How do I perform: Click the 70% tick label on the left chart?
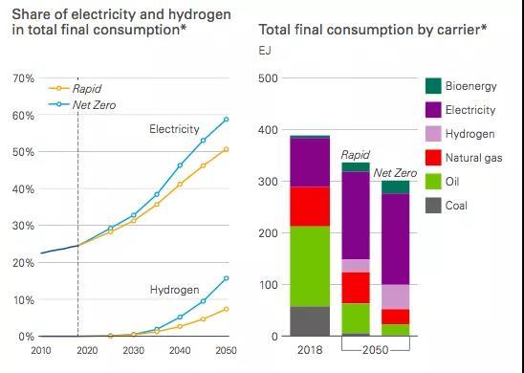coord(23,78)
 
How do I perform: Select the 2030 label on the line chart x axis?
coord(133,350)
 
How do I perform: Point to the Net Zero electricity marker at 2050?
coord(227,119)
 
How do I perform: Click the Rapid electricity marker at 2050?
coord(227,149)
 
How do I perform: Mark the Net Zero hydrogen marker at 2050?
coord(227,278)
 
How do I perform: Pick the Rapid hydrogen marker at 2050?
coord(227,309)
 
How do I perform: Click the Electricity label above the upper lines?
coord(174,129)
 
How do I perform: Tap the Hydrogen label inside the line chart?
coord(174,290)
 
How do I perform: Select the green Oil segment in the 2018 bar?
coord(310,267)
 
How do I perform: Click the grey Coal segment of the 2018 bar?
coord(310,321)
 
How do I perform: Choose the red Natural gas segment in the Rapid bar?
coord(356,288)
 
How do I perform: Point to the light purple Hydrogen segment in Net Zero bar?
coord(395,296)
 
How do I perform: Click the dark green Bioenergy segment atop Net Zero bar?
coord(395,187)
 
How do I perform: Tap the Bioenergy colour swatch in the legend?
coord(433,86)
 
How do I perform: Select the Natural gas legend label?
coord(473,158)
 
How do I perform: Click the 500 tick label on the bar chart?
coord(268,78)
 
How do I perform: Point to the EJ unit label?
coord(265,51)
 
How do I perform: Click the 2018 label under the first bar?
coord(310,350)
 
